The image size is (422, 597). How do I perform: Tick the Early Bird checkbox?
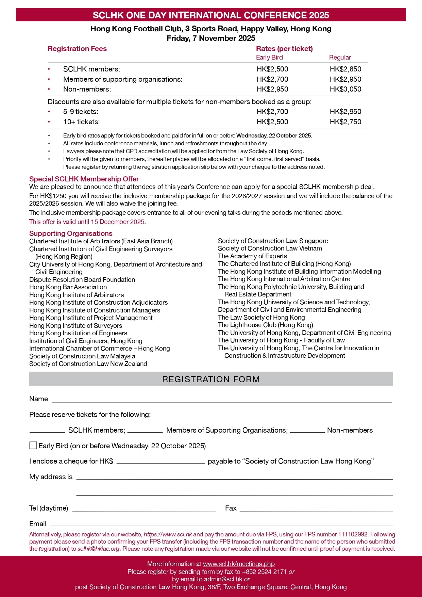point(33,445)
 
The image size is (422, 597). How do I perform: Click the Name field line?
point(221,400)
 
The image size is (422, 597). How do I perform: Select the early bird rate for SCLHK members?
point(272,69)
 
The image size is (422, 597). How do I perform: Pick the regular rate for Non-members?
point(345,89)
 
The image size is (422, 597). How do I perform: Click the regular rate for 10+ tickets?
point(345,122)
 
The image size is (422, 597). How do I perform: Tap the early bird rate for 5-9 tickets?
point(272,112)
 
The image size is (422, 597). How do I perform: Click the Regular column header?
point(340,58)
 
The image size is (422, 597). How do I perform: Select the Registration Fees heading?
point(77,49)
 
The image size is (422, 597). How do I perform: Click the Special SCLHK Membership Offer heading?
point(84,179)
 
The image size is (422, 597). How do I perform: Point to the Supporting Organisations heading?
point(71,233)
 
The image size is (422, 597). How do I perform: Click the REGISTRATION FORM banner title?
point(211,379)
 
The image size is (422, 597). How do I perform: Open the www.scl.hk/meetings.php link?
point(239,564)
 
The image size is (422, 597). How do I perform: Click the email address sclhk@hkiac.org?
point(98,549)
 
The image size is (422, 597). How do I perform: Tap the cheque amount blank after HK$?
point(161,462)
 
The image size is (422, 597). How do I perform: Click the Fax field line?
point(316,510)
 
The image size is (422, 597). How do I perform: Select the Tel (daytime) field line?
point(144,510)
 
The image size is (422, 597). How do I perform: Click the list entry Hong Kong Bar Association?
point(68,287)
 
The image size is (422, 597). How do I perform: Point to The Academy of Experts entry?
point(252,256)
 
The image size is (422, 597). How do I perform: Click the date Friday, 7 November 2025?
point(211,38)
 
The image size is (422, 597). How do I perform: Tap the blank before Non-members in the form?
point(307,431)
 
